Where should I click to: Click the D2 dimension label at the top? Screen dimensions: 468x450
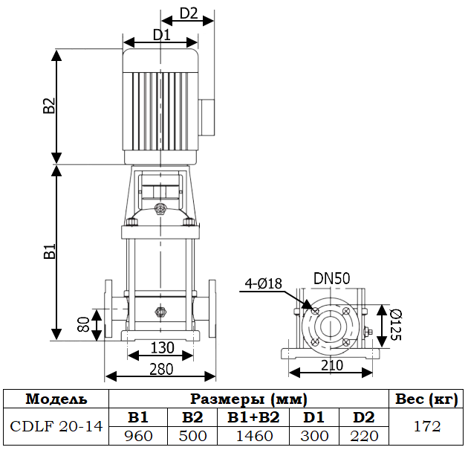coord(189,13)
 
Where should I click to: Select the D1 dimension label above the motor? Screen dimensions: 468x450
coord(162,35)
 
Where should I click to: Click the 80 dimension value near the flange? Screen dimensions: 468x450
coord(83,324)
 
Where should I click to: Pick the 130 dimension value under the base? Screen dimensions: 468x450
coord(162,347)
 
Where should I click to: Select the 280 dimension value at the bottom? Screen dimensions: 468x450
coord(161,369)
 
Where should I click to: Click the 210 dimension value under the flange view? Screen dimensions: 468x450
coord(332,365)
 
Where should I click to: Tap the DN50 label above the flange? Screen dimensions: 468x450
coord(331,278)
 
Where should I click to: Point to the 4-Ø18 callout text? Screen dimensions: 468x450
coord(263,283)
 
